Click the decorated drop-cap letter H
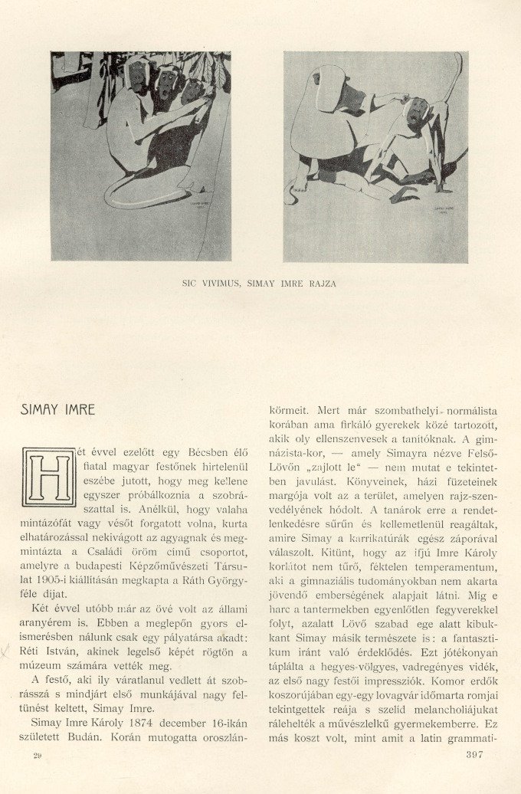click(x=49, y=477)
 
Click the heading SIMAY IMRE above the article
click(x=58, y=410)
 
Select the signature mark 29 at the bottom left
click(x=37, y=756)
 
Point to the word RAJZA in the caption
click(x=321, y=284)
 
